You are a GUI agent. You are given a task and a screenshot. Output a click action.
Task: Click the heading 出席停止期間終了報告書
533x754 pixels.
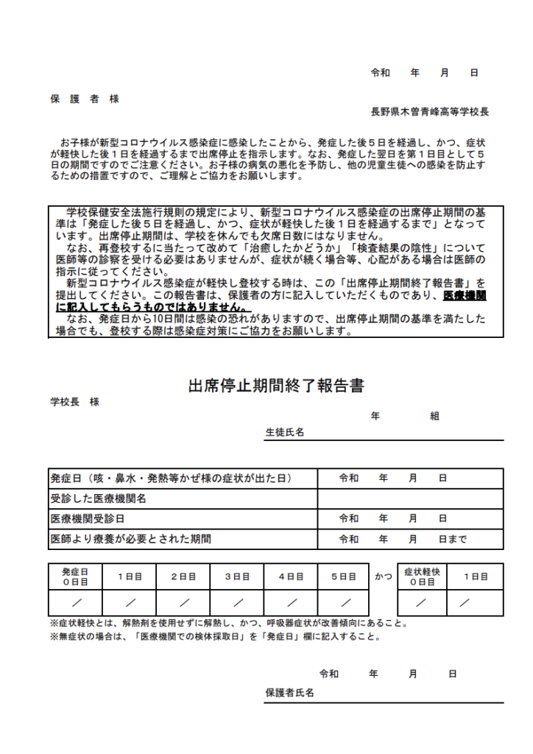pyautogui.click(x=276, y=386)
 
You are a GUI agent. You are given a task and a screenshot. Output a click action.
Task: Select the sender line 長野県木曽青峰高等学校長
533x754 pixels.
pyautogui.click(x=429, y=113)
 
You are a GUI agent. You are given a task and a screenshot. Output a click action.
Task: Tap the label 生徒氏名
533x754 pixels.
pyautogui.click(x=284, y=432)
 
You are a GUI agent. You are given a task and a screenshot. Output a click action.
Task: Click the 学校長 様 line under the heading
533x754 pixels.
pyautogui.click(x=74, y=402)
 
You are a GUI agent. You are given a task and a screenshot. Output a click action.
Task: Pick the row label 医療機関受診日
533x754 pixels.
pyautogui.click(x=87, y=519)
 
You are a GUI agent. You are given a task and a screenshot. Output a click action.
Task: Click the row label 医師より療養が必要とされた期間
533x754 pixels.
pyautogui.click(x=130, y=539)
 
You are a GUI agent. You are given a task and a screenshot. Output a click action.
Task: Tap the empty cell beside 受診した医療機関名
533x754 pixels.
pyautogui.click(x=410, y=498)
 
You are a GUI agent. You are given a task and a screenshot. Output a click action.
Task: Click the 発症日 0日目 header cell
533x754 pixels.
pyautogui.click(x=74, y=577)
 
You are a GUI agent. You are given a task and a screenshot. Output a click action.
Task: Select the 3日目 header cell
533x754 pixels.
pyautogui.click(x=237, y=577)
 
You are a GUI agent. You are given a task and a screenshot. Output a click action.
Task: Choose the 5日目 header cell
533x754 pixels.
pyautogui.click(x=343, y=577)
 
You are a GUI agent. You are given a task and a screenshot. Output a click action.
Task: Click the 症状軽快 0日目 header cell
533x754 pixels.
pyautogui.click(x=422, y=577)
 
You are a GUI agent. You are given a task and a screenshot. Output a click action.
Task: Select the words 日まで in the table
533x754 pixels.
pyautogui.click(x=452, y=539)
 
